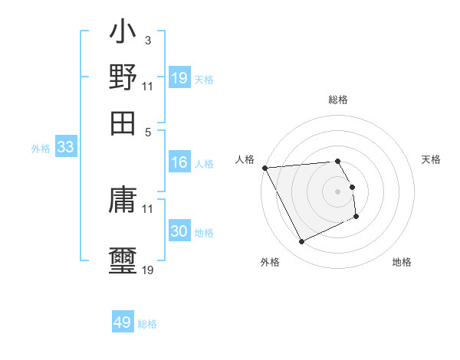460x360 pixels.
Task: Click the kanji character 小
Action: (x=123, y=34)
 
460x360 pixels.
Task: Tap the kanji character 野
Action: (x=123, y=78)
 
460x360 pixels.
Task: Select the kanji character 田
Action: (x=123, y=123)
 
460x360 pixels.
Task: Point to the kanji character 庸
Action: (x=123, y=201)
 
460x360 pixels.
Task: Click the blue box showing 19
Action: (x=179, y=78)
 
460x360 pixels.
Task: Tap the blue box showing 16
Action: (x=179, y=162)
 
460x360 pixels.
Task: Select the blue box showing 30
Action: (x=179, y=231)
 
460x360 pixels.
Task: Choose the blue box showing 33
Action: (x=65, y=148)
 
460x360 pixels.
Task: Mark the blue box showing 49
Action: (x=123, y=322)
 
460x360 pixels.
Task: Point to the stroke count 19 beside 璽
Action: (x=148, y=270)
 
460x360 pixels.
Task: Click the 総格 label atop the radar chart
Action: (x=338, y=100)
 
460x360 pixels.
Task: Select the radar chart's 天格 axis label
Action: (x=431, y=159)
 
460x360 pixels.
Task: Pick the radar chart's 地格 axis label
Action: (x=402, y=262)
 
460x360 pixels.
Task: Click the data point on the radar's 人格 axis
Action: (x=264, y=168)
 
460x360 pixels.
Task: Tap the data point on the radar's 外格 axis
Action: (x=301, y=242)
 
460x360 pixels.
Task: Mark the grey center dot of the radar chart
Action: (x=338, y=191)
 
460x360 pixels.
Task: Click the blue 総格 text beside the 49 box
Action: (x=147, y=323)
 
